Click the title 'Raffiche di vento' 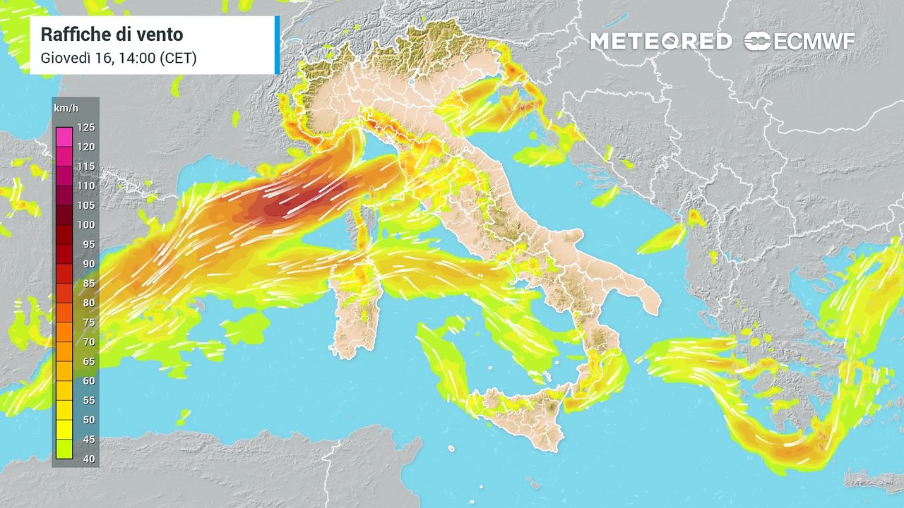[112, 34]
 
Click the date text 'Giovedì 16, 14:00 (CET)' [118, 58]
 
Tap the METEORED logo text [661, 42]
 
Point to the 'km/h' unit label [66, 108]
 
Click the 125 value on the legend [86, 128]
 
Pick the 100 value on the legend [86, 225]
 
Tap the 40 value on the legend [86, 459]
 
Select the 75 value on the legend [86, 322]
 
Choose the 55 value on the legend [86, 400]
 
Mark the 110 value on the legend [86, 186]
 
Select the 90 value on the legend [86, 264]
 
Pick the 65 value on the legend [86, 361]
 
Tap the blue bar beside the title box [277, 44]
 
